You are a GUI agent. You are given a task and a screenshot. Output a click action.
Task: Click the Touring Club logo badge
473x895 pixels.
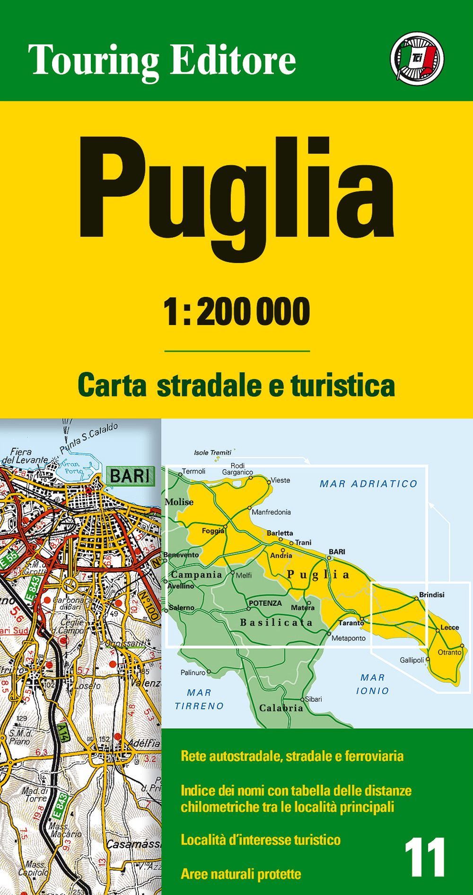(x=417, y=59)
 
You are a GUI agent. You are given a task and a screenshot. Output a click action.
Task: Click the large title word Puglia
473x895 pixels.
(x=236, y=194)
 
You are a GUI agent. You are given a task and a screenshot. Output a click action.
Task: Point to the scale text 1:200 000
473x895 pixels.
(x=236, y=312)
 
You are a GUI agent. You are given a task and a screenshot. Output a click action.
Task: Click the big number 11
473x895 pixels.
(x=424, y=858)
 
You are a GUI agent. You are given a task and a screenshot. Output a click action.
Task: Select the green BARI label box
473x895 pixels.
(x=131, y=476)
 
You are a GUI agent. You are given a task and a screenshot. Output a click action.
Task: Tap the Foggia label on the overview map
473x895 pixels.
(x=212, y=531)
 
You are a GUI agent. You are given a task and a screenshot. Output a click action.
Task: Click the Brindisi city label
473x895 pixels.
(x=431, y=594)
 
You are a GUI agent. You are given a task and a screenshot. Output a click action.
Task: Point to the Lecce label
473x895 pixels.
(x=449, y=628)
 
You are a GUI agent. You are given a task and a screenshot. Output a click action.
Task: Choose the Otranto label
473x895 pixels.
(x=449, y=652)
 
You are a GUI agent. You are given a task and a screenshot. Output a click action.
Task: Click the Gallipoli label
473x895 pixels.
(x=412, y=660)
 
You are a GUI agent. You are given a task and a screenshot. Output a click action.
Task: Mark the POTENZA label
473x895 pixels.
(x=265, y=603)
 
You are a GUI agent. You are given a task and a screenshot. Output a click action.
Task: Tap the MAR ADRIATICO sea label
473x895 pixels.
(x=368, y=484)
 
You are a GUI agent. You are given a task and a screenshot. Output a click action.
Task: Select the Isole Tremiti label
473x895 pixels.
(x=212, y=453)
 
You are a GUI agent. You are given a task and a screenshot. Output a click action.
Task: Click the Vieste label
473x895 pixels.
(x=280, y=480)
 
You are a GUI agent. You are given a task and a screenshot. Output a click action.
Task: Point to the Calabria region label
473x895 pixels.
(x=281, y=708)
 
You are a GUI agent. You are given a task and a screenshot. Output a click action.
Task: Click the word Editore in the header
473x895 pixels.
(x=233, y=60)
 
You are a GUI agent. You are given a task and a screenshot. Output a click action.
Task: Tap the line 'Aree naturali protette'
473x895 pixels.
(x=241, y=874)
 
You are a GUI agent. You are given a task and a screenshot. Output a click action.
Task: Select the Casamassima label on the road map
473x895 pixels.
(x=133, y=844)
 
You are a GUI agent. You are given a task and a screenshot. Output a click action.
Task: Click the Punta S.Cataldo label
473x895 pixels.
(x=89, y=437)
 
